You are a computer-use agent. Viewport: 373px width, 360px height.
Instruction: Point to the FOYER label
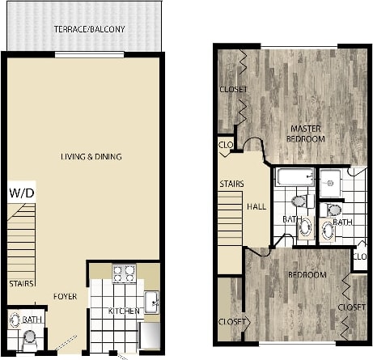coord(66,296)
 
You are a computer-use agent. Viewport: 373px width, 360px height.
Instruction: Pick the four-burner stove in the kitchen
coord(123,273)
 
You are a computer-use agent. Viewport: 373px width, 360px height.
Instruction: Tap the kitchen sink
coord(152,303)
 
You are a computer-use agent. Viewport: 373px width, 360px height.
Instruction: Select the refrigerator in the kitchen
coord(150,334)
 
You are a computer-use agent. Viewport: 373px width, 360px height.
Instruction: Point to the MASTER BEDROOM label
coord(307,133)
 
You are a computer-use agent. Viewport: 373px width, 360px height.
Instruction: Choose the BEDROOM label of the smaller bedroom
coord(307,275)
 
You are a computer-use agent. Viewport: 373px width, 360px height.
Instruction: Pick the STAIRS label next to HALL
coord(232,184)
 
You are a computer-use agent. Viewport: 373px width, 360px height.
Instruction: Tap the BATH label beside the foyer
coord(32,320)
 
